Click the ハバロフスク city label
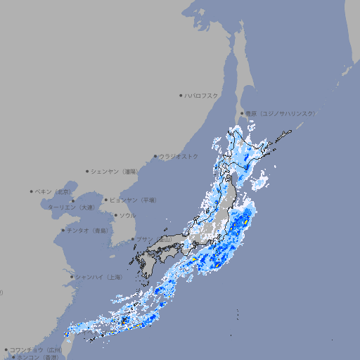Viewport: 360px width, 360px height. (202, 96)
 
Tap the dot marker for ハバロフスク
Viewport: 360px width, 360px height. (181, 96)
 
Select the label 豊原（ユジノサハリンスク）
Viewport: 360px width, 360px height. (281, 113)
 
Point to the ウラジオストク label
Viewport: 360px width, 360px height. (179, 156)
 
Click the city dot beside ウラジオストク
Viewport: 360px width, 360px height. (155, 156)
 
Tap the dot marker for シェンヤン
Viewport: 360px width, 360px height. (87, 171)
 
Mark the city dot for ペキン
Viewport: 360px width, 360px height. (32, 191)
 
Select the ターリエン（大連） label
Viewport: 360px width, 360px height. (71, 207)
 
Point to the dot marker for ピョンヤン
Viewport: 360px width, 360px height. (106, 200)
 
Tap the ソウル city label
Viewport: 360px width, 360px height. (127, 215)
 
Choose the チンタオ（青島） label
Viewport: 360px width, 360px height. (88, 231)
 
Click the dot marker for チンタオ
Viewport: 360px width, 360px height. (63, 231)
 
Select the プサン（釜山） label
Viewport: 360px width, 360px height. (153, 240)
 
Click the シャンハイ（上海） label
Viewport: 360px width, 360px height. (99, 277)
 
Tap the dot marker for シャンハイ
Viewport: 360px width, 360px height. (71, 277)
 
